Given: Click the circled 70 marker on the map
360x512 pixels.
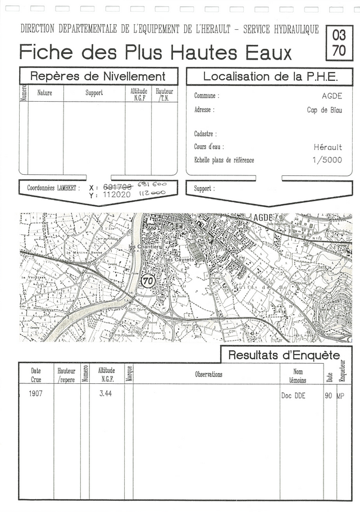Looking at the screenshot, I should (x=148, y=280).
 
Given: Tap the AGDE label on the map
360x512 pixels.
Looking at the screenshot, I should (x=263, y=218).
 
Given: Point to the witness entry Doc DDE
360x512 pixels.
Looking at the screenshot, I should (x=293, y=396).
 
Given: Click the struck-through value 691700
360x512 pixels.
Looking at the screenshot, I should (x=117, y=187).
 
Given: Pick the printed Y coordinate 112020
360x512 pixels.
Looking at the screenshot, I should (x=117, y=195).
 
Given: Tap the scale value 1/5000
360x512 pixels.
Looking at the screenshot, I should (x=327, y=160).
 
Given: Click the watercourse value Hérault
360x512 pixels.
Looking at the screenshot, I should (x=328, y=147).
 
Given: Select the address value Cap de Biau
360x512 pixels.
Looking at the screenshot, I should (x=324, y=110).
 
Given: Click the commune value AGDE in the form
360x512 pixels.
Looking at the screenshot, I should (x=332, y=96).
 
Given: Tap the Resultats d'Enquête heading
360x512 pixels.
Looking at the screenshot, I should (x=284, y=355).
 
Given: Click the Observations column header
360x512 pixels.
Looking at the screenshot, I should (x=208, y=374).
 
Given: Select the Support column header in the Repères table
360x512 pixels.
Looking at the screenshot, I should (x=94, y=93).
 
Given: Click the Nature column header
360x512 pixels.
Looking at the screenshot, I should (x=44, y=93).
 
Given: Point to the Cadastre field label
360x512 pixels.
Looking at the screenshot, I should (x=206, y=134).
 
